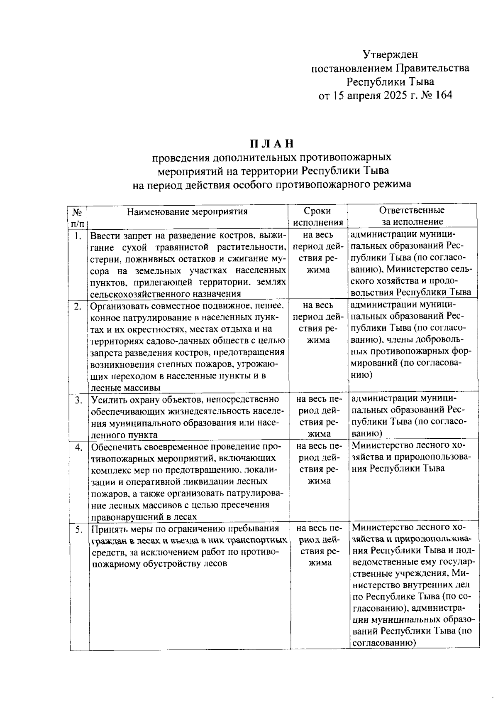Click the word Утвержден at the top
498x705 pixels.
point(390,54)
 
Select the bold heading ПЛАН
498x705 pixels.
point(271,144)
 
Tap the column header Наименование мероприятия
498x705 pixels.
point(187,211)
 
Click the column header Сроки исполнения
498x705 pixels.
point(318,216)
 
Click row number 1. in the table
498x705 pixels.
point(78,236)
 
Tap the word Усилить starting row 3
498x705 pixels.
point(107,400)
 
